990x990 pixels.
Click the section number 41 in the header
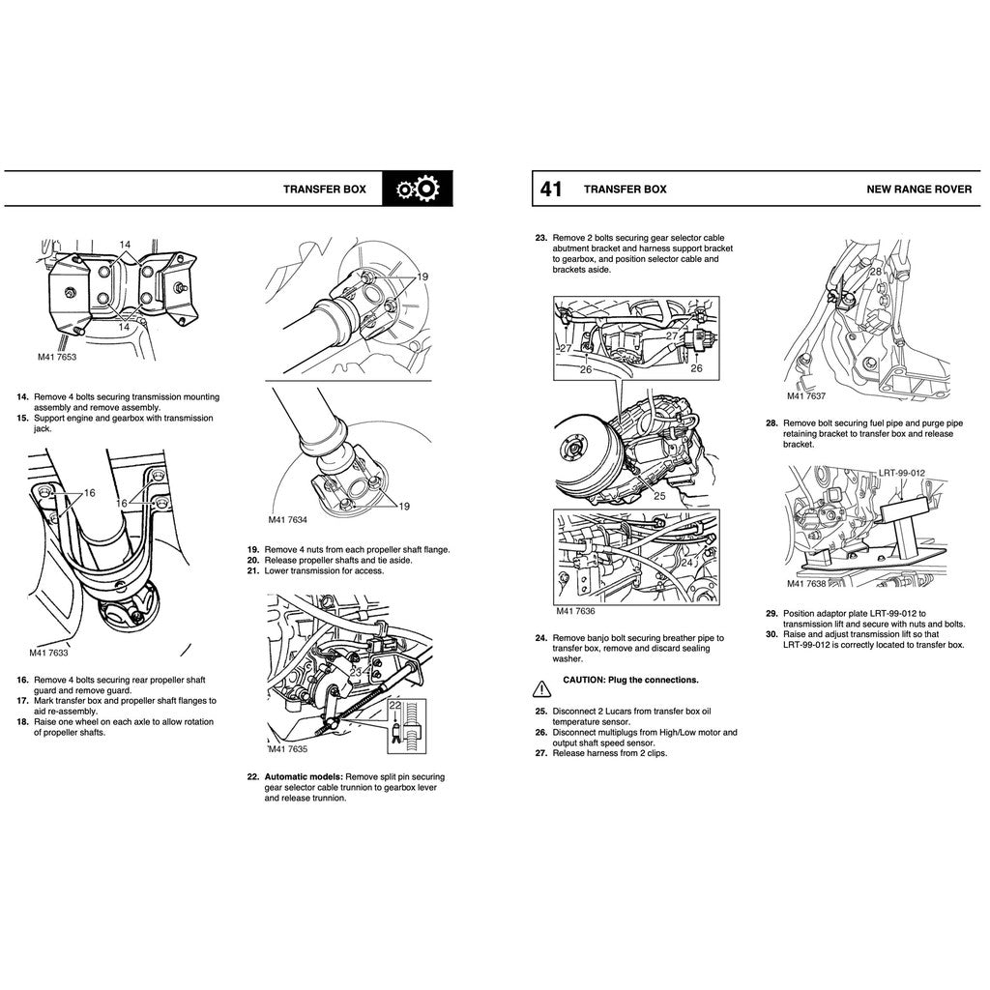click(x=550, y=189)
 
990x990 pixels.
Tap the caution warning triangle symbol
click(x=539, y=689)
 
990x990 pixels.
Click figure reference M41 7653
click(x=57, y=357)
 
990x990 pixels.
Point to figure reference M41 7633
click(x=48, y=654)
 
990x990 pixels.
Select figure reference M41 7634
click(x=287, y=519)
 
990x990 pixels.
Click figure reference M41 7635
click(x=288, y=749)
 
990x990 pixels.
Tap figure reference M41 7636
click(x=575, y=611)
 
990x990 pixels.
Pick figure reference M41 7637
click(x=805, y=396)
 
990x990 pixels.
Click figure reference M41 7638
click(x=805, y=584)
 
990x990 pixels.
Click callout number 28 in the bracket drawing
click(x=875, y=273)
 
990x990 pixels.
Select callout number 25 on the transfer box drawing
click(x=660, y=496)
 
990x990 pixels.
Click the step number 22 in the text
click(x=252, y=776)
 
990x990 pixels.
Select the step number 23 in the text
click(x=540, y=238)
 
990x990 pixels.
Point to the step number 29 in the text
click(x=772, y=613)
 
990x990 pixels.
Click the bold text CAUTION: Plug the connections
click(x=630, y=681)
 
